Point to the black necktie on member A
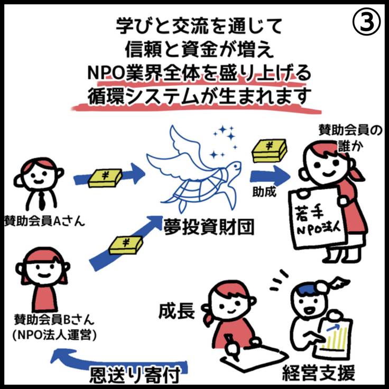pos(41,199)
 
